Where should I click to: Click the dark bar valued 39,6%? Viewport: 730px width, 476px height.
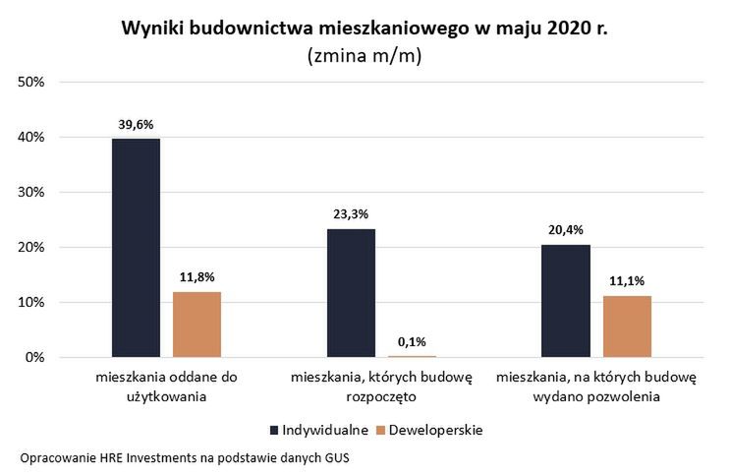pos(136,248)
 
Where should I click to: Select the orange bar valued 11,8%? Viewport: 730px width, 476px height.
pos(197,325)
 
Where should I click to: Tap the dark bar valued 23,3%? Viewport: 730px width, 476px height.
pos(351,293)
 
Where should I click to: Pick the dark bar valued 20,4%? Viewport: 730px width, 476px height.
pos(566,301)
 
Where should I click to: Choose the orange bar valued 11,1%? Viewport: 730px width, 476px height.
pos(627,327)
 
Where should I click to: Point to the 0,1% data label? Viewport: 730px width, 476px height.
pos(412,341)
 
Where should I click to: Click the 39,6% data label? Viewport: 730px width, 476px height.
pos(137,125)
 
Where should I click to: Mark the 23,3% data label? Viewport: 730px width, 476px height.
pos(351,214)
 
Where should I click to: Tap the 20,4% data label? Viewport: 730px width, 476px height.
pos(566,231)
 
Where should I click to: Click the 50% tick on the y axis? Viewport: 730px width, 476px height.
pos(32,82)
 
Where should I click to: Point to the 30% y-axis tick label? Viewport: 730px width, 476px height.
pos(32,193)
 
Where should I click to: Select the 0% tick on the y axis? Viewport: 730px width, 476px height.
pos(35,358)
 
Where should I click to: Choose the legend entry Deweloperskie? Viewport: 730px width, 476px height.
pos(428,430)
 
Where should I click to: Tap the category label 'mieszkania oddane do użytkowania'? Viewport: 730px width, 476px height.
pos(166,387)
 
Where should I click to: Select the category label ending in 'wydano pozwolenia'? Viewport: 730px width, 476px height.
pos(595,387)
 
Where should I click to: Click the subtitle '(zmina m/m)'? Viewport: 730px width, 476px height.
pos(365,56)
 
